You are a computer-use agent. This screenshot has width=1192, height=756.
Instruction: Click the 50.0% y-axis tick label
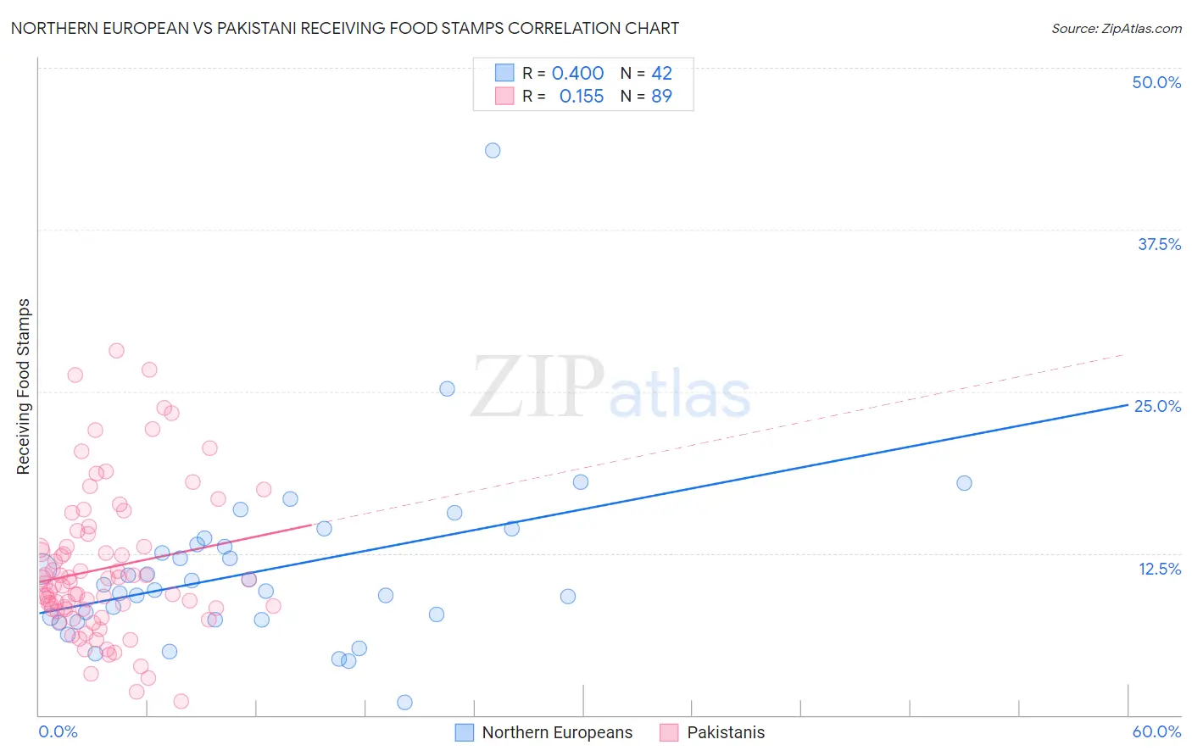(x=1156, y=82)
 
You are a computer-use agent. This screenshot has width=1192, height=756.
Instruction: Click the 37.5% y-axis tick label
(x=1159, y=244)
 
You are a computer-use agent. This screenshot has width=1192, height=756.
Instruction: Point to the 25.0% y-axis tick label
(x=1157, y=406)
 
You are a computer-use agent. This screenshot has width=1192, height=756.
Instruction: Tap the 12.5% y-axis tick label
(x=1159, y=569)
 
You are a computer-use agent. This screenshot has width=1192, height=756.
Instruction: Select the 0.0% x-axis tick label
(x=58, y=731)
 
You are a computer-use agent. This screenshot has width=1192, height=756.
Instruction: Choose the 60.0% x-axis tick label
(x=1156, y=731)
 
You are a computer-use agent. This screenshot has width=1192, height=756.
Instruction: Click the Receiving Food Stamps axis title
(x=24, y=386)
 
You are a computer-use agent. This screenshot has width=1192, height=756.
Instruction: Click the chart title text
(x=345, y=28)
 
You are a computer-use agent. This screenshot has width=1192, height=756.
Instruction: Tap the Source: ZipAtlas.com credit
(x=1116, y=28)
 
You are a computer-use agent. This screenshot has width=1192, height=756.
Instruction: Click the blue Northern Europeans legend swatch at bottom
(x=464, y=732)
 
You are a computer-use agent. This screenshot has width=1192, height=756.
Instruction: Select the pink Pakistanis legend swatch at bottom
(x=669, y=732)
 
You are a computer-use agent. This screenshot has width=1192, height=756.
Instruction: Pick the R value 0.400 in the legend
(x=577, y=73)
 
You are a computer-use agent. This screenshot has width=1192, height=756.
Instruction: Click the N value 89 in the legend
(x=661, y=96)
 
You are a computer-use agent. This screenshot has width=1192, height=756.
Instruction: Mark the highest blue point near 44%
(x=493, y=150)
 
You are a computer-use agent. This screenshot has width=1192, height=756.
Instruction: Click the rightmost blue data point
(x=964, y=483)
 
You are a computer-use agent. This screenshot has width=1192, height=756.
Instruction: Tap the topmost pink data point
(x=116, y=350)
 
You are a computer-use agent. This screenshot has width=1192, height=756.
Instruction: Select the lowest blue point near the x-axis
(x=404, y=702)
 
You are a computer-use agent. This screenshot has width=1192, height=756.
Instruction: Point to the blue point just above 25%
(x=447, y=388)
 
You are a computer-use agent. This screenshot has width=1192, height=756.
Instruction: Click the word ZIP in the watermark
(x=538, y=387)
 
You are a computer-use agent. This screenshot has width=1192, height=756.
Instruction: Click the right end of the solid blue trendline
(x=1128, y=405)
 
